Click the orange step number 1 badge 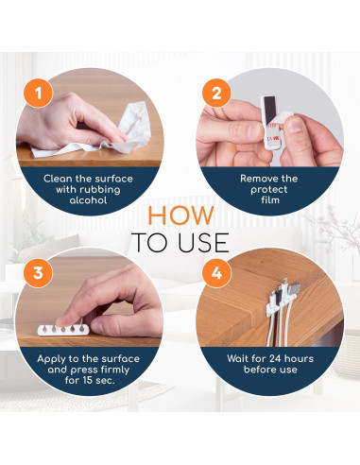tap(38, 94)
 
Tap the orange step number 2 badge tap(216, 94)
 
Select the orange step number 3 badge tap(38, 273)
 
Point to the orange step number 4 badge tap(216, 273)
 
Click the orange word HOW tap(180, 215)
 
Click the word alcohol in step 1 tap(88, 200)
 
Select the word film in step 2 tap(270, 200)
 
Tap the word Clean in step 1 tap(58, 179)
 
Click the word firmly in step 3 tap(115, 370)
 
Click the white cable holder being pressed tap(63, 330)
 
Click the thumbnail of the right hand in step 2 tap(295, 125)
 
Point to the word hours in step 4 tap(299, 358)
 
